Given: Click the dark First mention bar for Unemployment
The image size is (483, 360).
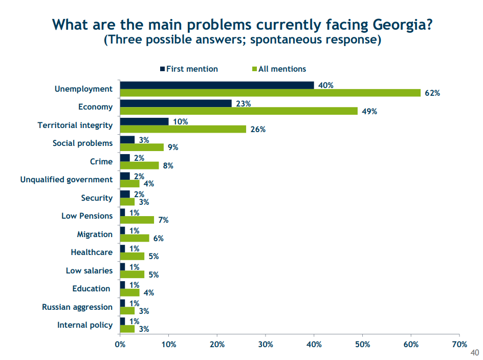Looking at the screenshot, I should (217, 85).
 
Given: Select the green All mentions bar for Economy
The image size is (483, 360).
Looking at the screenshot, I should (238, 111).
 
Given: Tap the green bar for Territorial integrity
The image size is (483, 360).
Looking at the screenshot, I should (183, 129).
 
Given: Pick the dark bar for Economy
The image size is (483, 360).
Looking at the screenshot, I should (175, 103).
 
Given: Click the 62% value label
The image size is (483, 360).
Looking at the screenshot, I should (432, 93).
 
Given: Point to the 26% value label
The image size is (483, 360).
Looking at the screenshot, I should (258, 130).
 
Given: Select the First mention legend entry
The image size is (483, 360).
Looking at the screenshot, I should (189, 69).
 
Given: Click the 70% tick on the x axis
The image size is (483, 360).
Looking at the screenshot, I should (459, 344).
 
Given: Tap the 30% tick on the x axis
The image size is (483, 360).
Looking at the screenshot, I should (265, 344).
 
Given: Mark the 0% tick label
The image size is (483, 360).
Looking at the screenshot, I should (120, 344).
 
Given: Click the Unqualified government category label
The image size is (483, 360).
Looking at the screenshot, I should (67, 180).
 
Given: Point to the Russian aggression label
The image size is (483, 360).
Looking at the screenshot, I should (77, 307).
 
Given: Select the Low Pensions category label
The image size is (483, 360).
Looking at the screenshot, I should (87, 216).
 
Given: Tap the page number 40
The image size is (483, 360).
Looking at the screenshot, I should (474, 353).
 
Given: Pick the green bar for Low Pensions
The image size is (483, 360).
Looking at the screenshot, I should (137, 220).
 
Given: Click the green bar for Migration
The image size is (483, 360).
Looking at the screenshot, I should (134, 238).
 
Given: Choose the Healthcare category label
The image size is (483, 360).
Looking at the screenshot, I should (92, 252).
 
